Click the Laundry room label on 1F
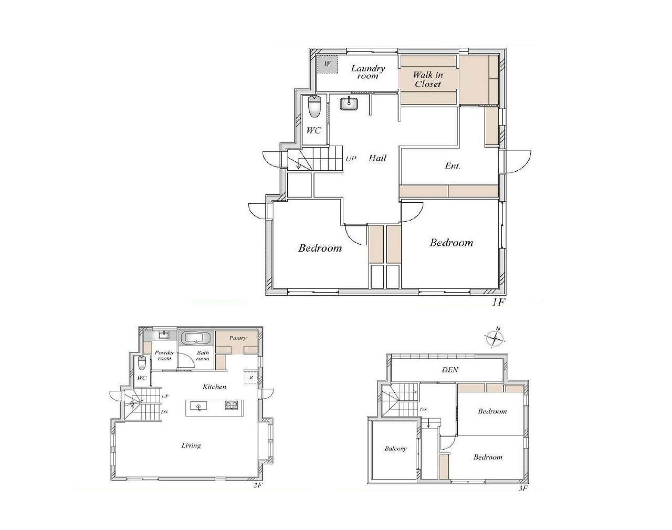coord(368,72)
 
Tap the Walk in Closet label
coord(428,79)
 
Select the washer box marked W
coord(327,65)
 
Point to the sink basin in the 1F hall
coord(349,104)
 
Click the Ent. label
coord(453,166)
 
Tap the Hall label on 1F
coord(377,158)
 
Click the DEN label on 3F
coord(450,370)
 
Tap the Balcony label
coord(396,449)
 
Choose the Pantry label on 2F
coord(238,338)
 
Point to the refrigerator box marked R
coord(251,378)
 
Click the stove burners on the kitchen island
coord(232,405)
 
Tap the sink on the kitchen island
coord(198,407)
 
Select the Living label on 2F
coord(191,445)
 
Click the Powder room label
coord(164,356)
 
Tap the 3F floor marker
coord(523,496)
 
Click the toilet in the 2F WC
coord(142,363)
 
